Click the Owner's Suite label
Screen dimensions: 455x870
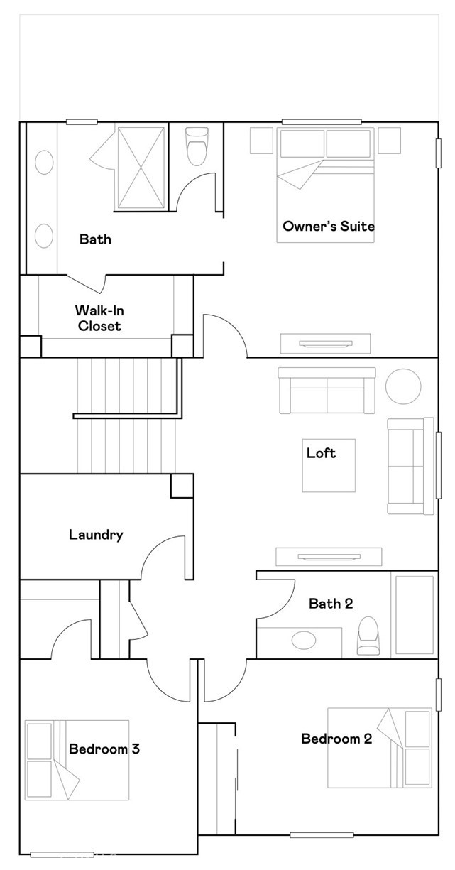(x=329, y=226)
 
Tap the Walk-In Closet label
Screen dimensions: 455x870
(x=99, y=318)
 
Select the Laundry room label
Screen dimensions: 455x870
(x=96, y=535)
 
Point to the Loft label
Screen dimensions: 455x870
(x=321, y=453)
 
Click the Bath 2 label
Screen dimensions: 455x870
(x=331, y=603)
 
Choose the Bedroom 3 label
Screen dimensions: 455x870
(x=104, y=749)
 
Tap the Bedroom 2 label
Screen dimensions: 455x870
(x=336, y=739)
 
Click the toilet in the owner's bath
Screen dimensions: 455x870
(x=197, y=146)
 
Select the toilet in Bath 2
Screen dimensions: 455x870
(x=367, y=635)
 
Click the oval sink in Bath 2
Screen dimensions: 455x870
(x=304, y=640)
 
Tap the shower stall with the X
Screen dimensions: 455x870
(x=141, y=168)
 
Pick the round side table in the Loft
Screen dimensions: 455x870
(x=403, y=386)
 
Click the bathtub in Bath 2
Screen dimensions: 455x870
(x=415, y=615)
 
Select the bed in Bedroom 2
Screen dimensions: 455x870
(x=380, y=748)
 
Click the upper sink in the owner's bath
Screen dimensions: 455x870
(x=44, y=162)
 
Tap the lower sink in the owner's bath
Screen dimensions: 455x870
(x=44, y=236)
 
